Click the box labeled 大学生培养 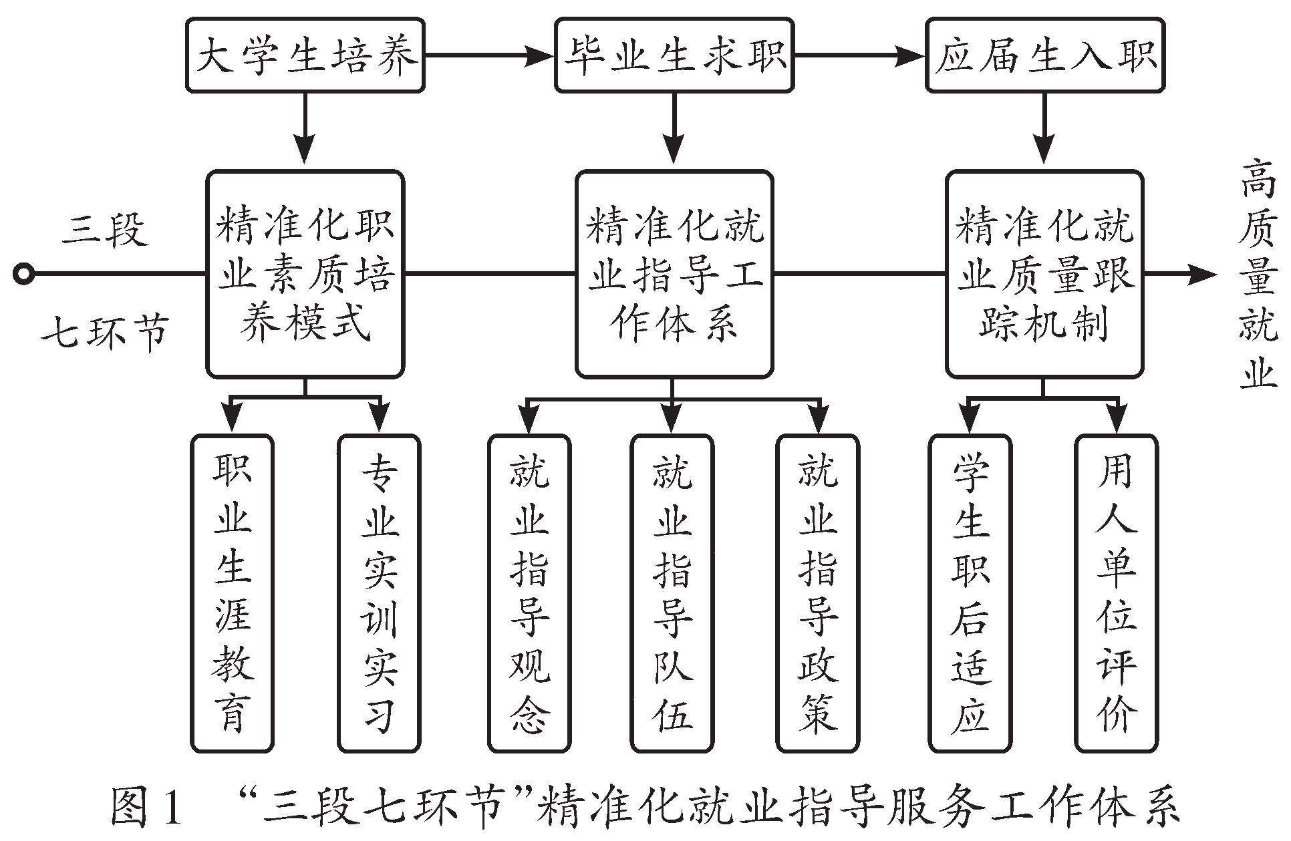[x=305, y=55]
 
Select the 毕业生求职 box [x=674, y=55]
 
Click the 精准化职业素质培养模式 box [x=305, y=274]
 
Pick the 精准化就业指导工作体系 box [x=674, y=274]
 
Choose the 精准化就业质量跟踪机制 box [x=1044, y=274]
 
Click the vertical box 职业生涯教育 [x=232, y=593]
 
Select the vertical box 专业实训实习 [x=379, y=593]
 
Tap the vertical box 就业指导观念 [x=529, y=593]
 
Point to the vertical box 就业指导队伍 [x=672, y=593]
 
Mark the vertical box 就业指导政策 [x=817, y=593]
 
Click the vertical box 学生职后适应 [x=970, y=593]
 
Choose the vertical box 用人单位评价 [x=1115, y=593]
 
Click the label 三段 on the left [x=105, y=230]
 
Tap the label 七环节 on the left [x=105, y=332]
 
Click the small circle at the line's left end [x=24, y=274]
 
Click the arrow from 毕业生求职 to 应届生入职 [x=859, y=55]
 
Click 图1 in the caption [x=146, y=808]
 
